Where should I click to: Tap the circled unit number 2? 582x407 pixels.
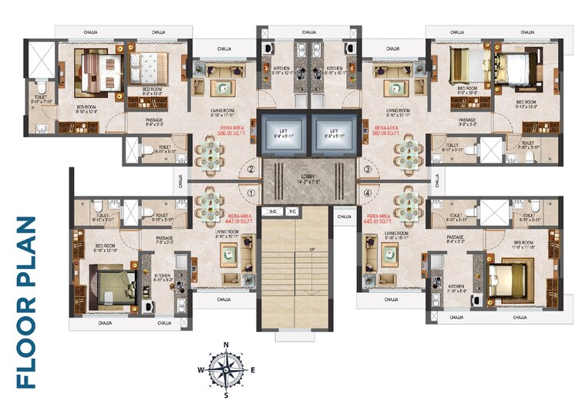pyautogui.click(x=251, y=170)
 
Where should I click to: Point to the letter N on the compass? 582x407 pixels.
pyautogui.click(x=226, y=345)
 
